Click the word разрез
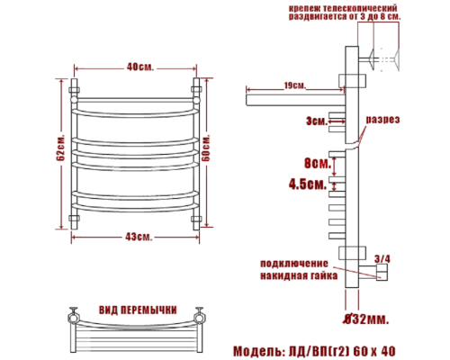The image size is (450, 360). pos(382,120)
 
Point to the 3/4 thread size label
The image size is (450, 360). pos(382,259)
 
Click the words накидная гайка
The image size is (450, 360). pos(297,275)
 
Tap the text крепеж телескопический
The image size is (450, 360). pos(343,7)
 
